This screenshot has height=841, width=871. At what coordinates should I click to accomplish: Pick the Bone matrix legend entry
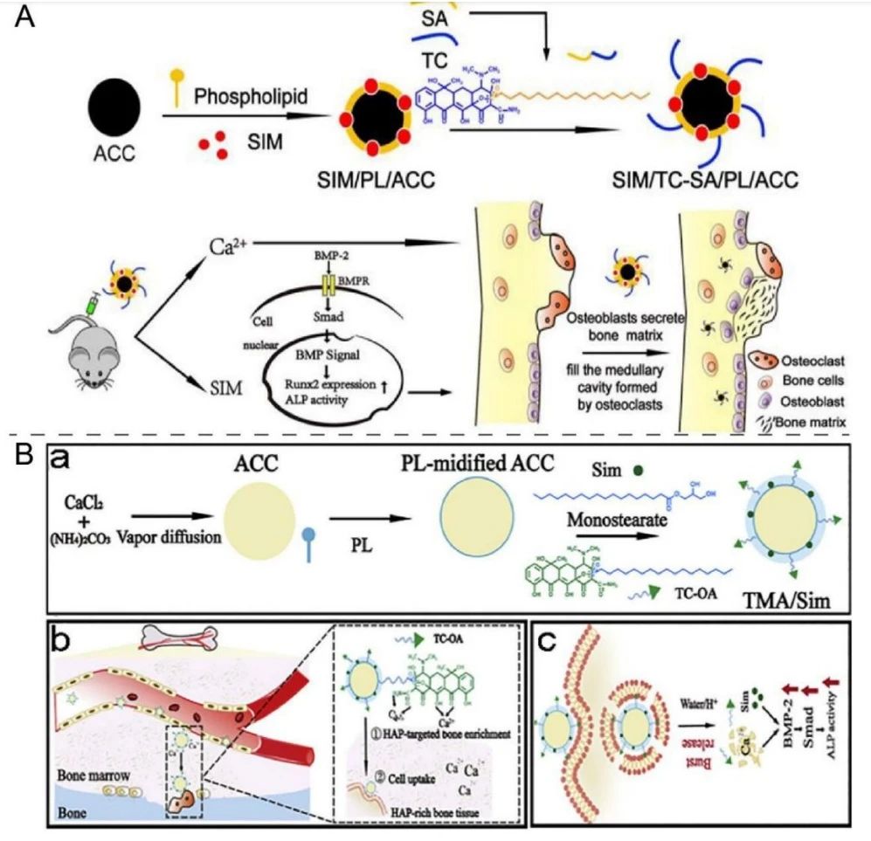click(808, 422)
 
